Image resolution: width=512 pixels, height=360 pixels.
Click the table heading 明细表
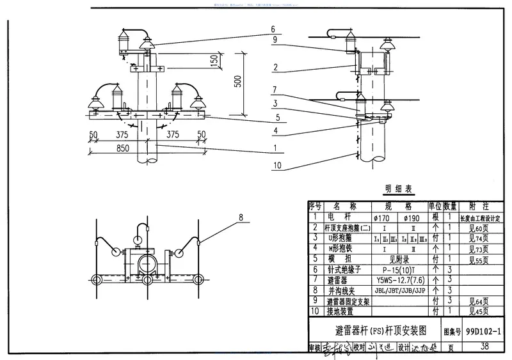tap(399, 189)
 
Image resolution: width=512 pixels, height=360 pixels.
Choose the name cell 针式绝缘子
tap(344, 269)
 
